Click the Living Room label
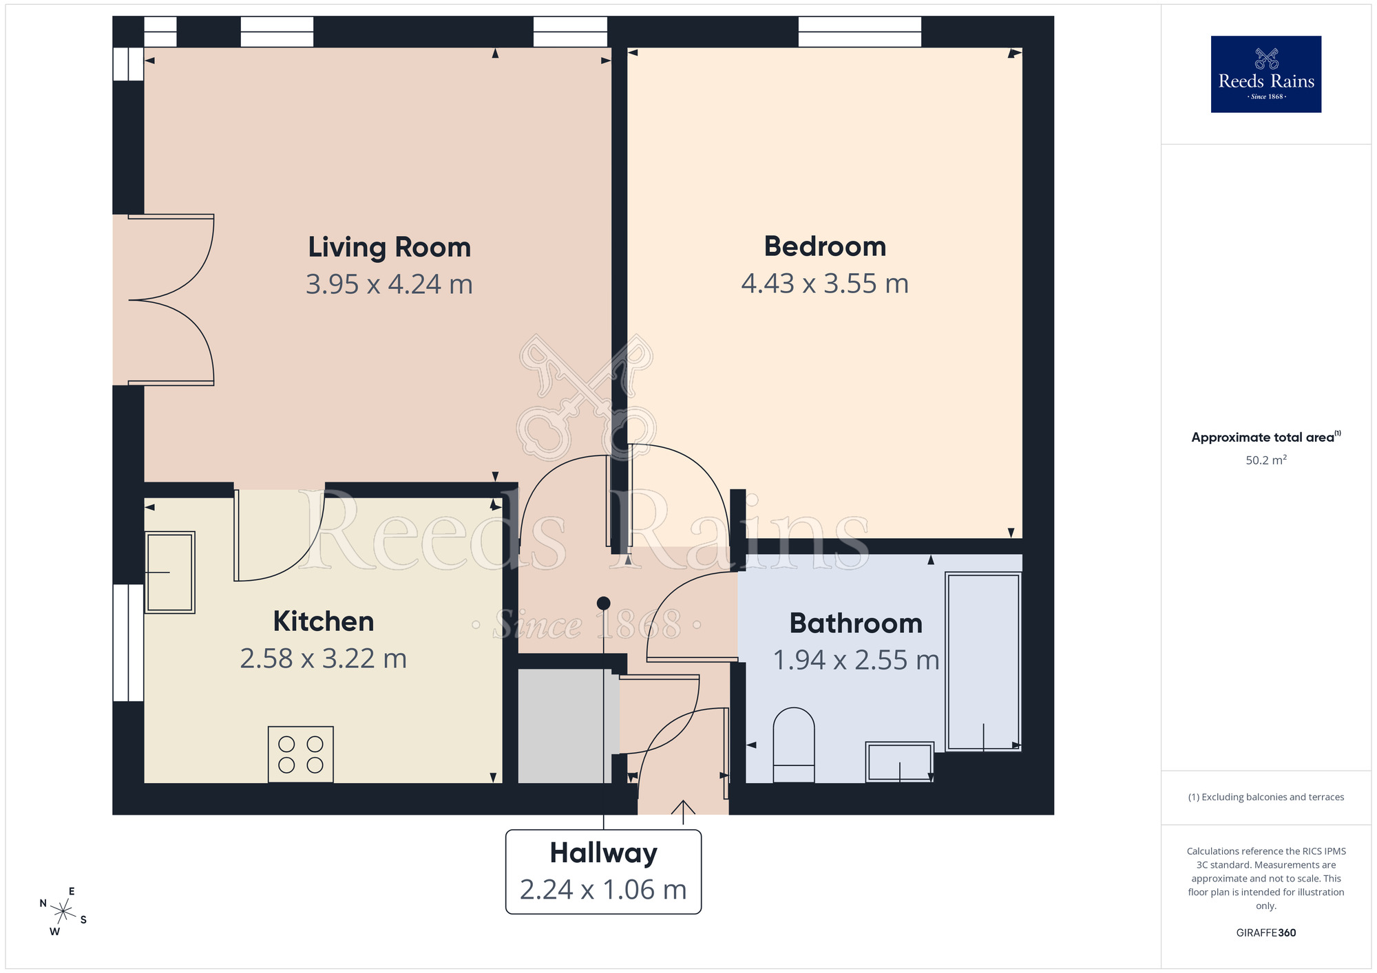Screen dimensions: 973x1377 click(389, 247)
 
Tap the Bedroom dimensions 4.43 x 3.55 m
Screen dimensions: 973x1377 click(824, 284)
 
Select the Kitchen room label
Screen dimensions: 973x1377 click(323, 621)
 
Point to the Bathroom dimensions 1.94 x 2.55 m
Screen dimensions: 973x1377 click(856, 660)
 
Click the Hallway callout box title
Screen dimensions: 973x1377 click(603, 853)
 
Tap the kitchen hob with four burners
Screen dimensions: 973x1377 click(301, 754)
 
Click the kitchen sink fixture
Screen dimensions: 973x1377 click(170, 572)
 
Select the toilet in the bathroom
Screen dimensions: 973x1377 click(794, 745)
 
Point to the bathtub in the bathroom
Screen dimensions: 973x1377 click(982, 661)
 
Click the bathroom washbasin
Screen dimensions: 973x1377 click(899, 762)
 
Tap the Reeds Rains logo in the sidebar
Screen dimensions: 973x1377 click(1265, 74)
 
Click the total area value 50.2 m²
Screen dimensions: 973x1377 click(1265, 460)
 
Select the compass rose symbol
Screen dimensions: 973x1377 click(63, 912)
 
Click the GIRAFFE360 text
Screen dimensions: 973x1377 click(1265, 933)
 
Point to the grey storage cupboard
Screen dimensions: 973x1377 click(560, 726)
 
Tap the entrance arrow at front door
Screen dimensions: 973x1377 click(683, 811)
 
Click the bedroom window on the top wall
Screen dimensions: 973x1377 click(859, 32)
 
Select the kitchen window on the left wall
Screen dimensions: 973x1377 click(128, 643)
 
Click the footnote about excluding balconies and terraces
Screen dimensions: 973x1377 click(1265, 797)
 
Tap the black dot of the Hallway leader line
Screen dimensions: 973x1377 click(604, 603)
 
